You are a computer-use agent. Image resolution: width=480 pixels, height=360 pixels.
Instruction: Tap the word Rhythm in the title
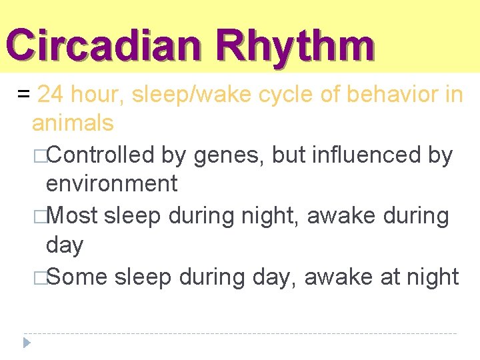click(x=295, y=45)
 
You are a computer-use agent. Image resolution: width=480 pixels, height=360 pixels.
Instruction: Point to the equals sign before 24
click(x=23, y=95)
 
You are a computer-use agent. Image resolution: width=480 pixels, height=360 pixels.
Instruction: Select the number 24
click(x=51, y=95)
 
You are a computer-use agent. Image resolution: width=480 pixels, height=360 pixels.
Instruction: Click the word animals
click(x=73, y=123)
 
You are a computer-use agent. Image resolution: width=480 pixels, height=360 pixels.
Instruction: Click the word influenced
click(x=369, y=155)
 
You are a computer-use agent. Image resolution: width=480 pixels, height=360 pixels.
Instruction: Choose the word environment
click(x=111, y=183)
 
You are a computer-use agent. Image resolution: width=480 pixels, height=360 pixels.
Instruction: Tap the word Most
click(x=72, y=215)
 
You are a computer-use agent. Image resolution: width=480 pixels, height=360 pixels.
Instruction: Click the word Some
click(x=76, y=276)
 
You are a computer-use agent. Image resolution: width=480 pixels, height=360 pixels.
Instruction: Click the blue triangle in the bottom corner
click(x=27, y=343)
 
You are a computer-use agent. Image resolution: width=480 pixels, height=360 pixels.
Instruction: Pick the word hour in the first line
click(x=96, y=95)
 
